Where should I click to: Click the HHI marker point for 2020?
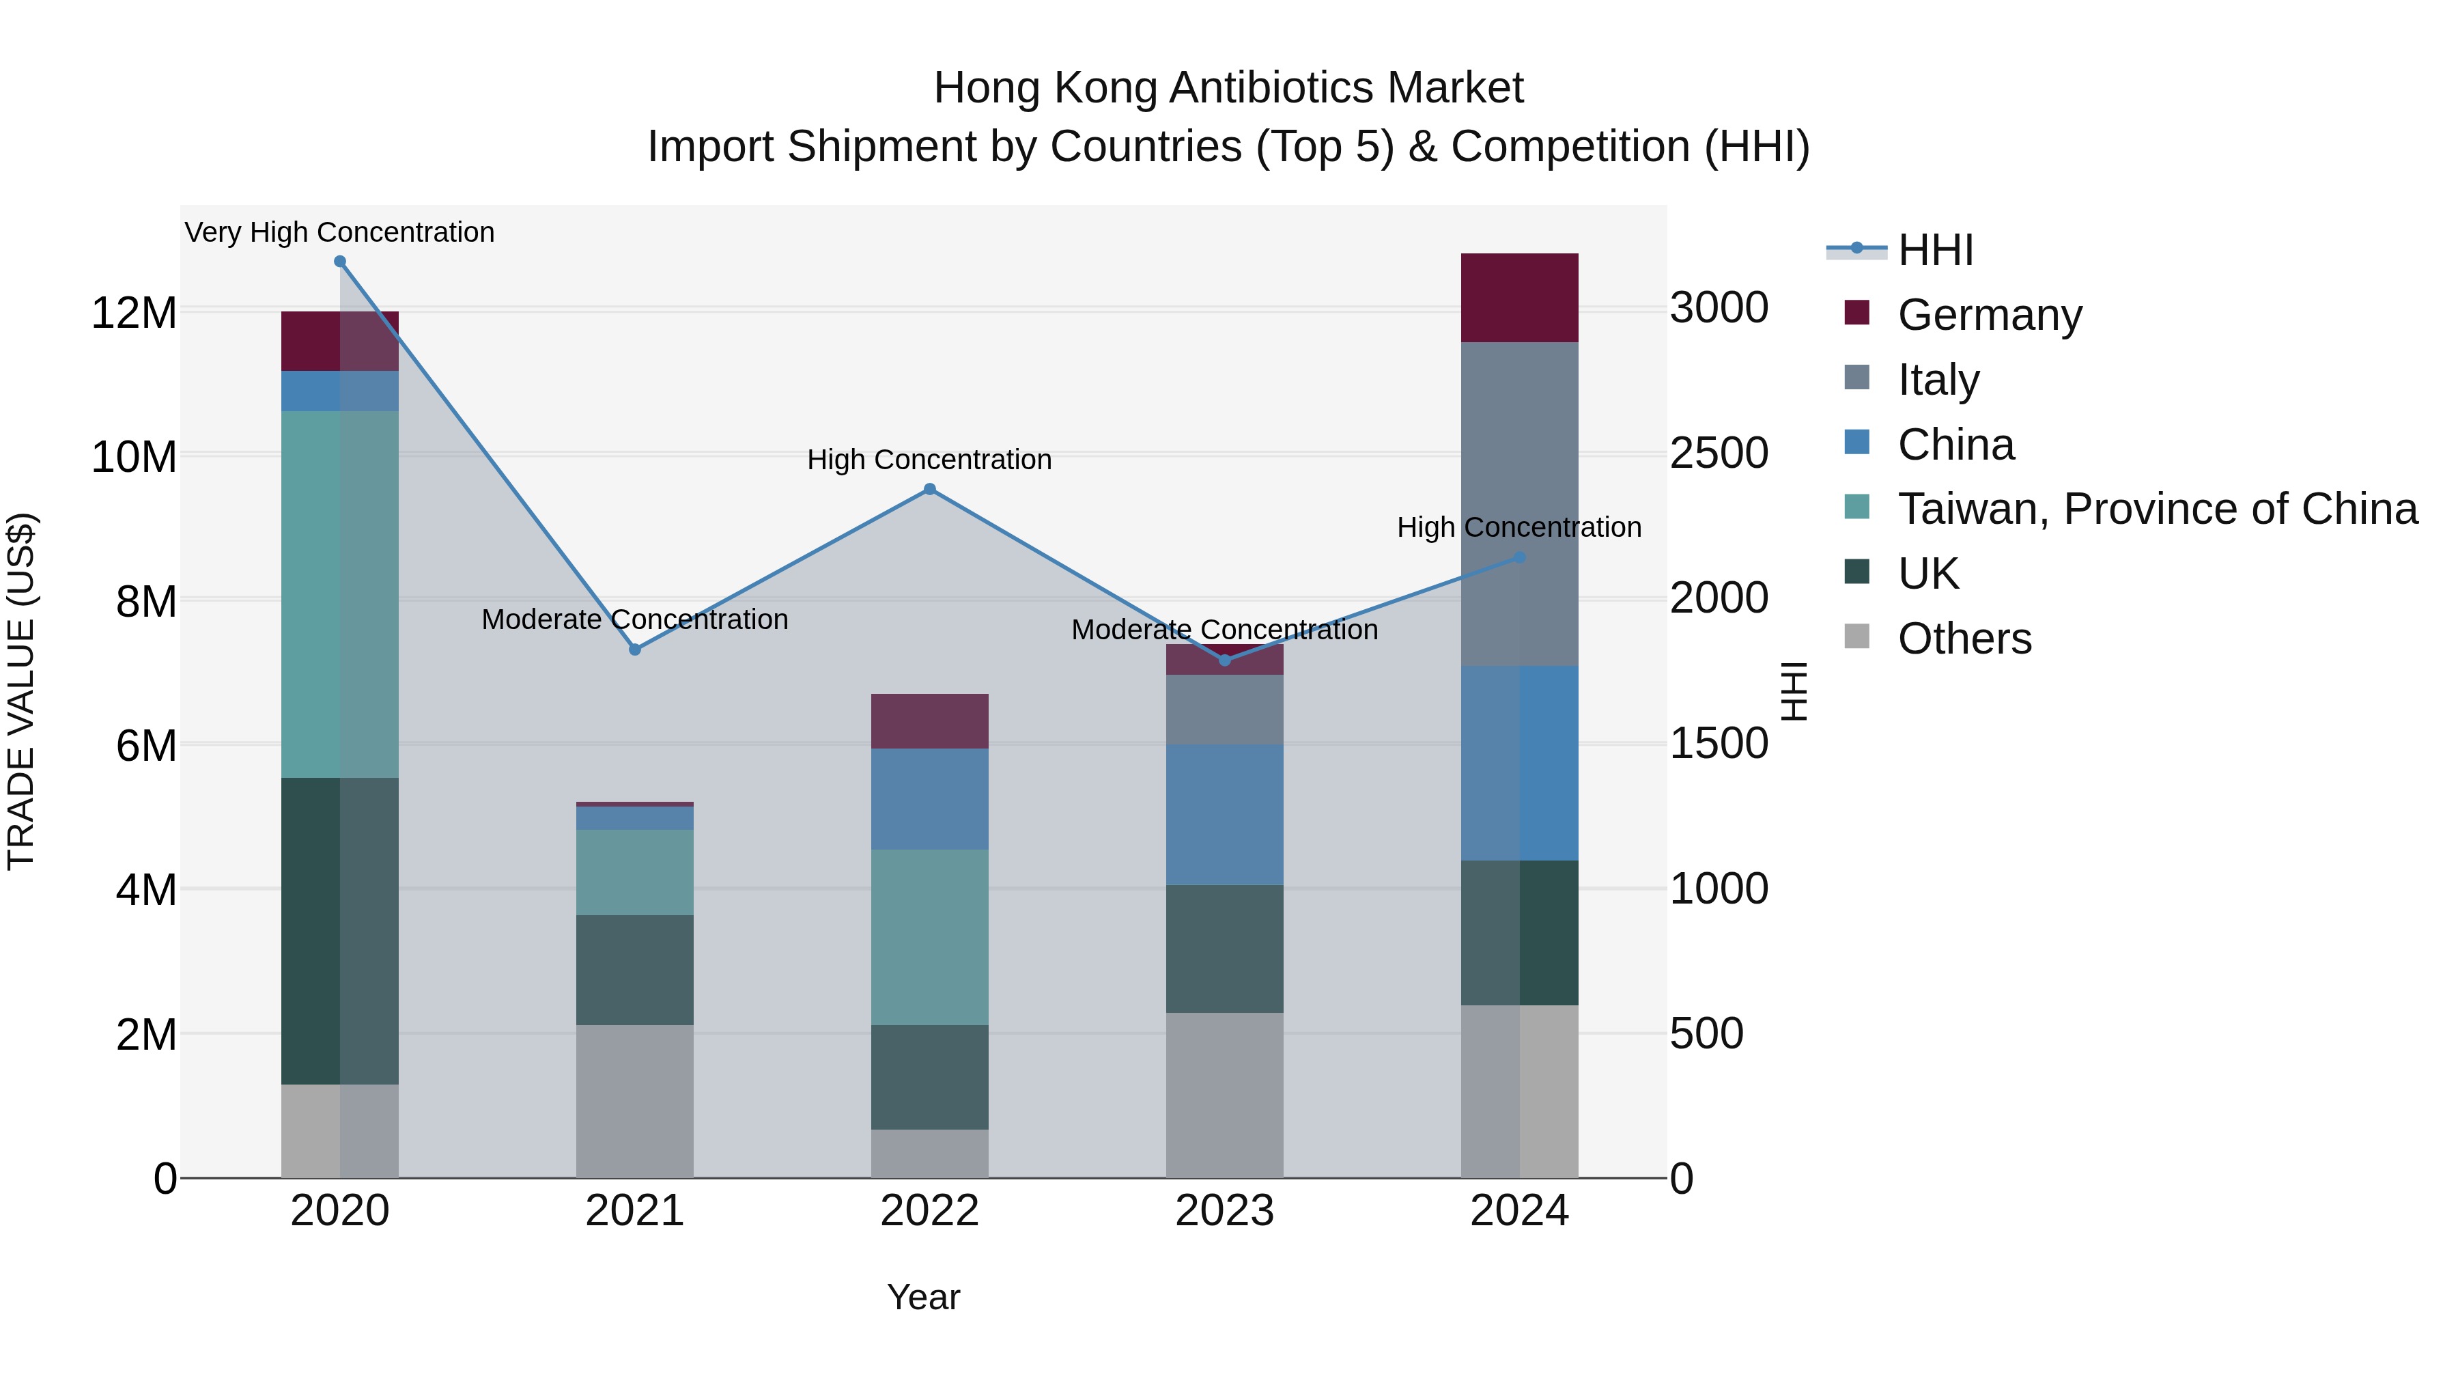tap(340, 262)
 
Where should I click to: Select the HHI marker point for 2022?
tap(929, 490)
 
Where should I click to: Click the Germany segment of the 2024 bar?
tap(1519, 298)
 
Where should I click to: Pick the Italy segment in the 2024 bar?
tap(1519, 504)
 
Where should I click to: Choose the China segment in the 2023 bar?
tap(1224, 814)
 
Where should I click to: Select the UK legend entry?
tap(1927, 574)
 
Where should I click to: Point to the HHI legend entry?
tap(1935, 250)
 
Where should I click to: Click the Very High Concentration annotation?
tap(340, 232)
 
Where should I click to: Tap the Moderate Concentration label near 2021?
tap(634, 619)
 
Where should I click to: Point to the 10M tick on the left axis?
tap(134, 457)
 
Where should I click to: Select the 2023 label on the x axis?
tap(1224, 1211)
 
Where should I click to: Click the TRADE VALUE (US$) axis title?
tap(21, 691)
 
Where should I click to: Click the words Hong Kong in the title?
tap(1044, 88)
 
